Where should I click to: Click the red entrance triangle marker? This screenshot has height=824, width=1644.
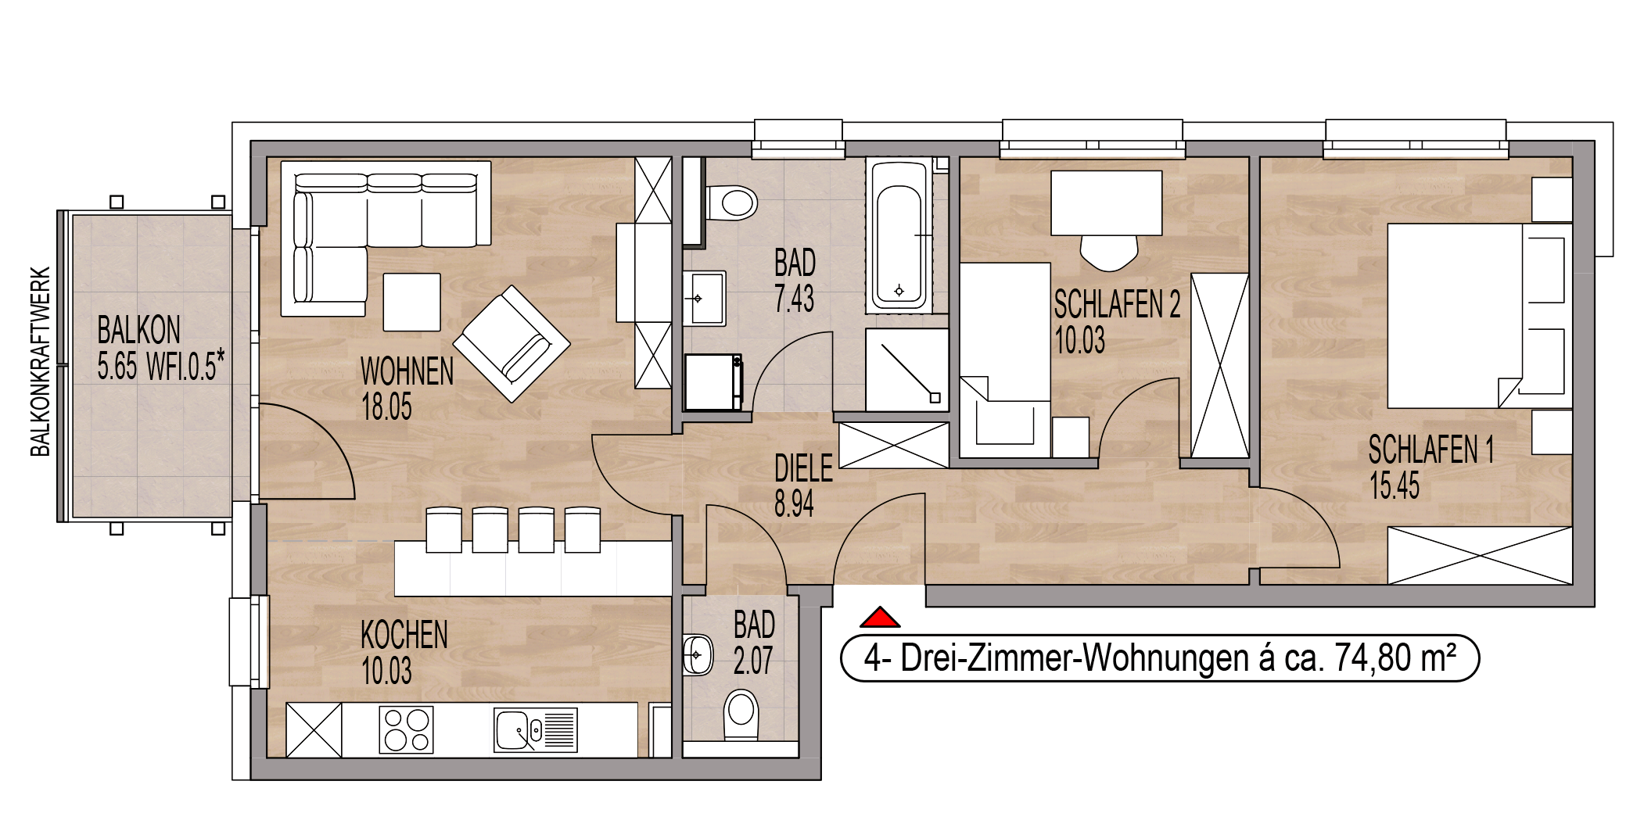tap(880, 618)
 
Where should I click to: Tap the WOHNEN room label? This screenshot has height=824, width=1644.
tap(407, 371)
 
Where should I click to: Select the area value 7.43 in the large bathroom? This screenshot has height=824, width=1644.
tap(794, 299)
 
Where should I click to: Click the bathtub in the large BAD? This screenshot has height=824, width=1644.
tap(899, 235)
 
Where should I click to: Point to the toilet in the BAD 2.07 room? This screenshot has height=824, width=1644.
tap(741, 714)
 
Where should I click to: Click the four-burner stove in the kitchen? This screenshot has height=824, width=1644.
tap(407, 730)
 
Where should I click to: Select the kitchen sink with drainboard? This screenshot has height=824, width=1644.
tap(536, 730)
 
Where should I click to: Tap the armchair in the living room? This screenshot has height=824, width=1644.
tap(512, 344)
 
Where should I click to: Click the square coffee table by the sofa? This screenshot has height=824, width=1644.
tap(412, 302)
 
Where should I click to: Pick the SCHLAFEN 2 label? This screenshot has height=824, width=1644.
tap(1117, 305)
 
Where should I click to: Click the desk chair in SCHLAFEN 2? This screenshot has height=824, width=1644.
tap(1109, 252)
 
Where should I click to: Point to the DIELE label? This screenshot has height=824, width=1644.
tap(803, 468)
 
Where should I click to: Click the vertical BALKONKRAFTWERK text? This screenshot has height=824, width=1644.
tap(40, 362)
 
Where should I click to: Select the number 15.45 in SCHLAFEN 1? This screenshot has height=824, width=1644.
tap(1395, 485)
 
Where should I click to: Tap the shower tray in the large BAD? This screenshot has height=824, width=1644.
tap(907, 370)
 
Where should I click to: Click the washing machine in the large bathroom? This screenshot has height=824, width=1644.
tap(713, 382)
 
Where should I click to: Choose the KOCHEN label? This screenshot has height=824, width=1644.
tap(404, 635)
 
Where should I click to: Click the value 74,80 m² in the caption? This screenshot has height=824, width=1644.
tap(1395, 657)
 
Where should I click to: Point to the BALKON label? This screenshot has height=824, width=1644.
tap(139, 330)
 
